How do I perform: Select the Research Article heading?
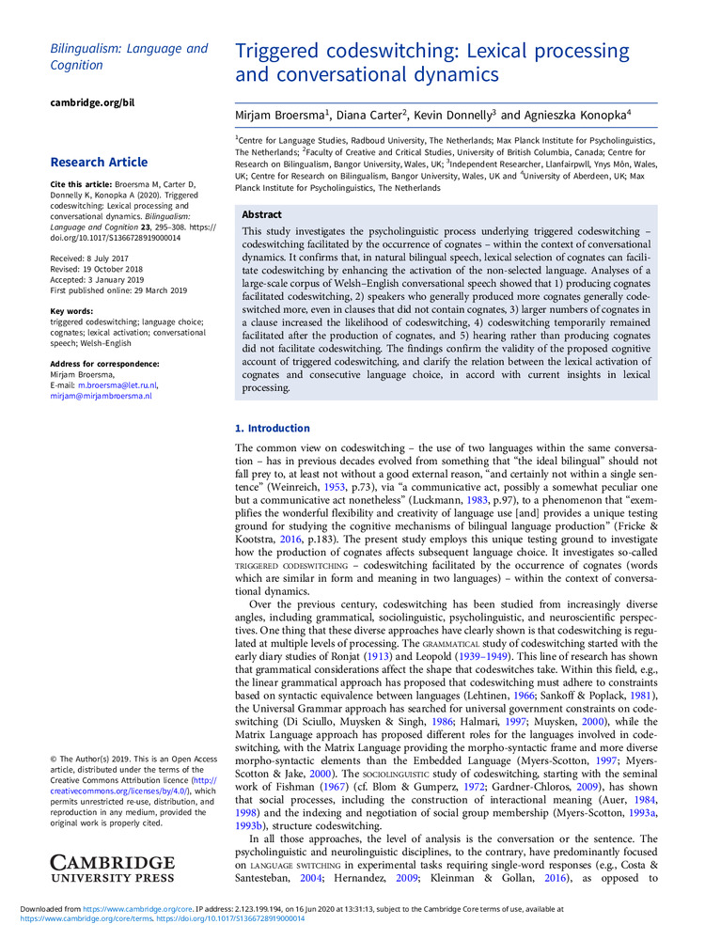pos(99,162)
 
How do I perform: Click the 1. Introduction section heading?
pos(272,428)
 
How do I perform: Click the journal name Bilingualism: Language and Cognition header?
pos(129,56)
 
